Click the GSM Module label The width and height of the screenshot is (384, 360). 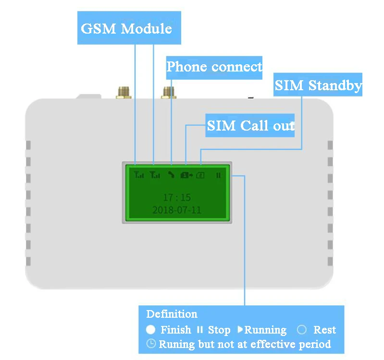[126, 28]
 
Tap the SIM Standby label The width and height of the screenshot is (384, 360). [318, 85]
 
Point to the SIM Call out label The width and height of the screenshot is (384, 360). [250, 126]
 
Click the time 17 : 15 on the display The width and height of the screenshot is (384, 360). [177, 197]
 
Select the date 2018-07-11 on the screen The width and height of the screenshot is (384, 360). [177, 210]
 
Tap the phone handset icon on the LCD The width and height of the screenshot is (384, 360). [171, 175]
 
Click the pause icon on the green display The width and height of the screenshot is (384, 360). [218, 175]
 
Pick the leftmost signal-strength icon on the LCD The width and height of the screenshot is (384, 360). [138, 175]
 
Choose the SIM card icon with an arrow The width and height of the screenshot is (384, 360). [186, 175]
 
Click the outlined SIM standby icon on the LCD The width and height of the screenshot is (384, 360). [200, 175]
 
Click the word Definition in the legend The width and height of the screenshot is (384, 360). [172, 314]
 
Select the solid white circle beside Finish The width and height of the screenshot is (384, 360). [151, 330]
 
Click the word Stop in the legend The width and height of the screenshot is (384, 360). [219, 330]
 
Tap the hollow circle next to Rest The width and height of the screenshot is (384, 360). [302, 330]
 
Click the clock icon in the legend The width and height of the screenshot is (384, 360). [151, 344]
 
